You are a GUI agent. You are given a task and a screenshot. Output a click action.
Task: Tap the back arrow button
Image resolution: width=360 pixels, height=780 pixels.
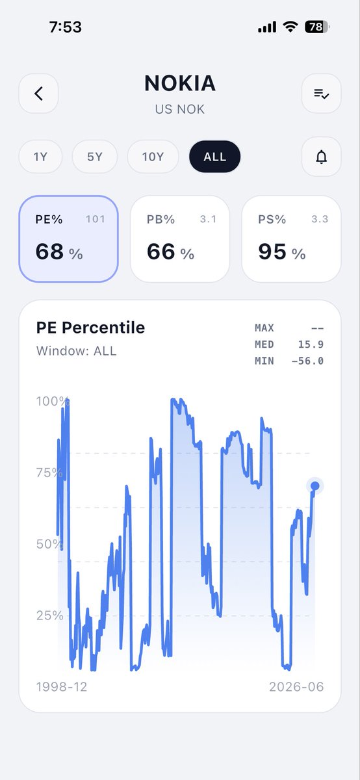[38, 94]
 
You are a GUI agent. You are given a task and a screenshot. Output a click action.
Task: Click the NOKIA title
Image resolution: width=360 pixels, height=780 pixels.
[180, 83]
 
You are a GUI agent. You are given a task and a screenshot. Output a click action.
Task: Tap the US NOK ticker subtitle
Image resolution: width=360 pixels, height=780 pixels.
[180, 109]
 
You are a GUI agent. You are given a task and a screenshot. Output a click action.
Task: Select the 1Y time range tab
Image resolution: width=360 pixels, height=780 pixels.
[40, 157]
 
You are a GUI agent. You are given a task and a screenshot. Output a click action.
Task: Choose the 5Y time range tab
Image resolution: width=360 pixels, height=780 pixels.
[95, 157]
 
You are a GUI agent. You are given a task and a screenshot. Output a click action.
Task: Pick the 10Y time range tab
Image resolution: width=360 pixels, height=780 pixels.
[153, 157]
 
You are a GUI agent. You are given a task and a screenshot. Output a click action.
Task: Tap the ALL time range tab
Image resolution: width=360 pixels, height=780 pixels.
[215, 157]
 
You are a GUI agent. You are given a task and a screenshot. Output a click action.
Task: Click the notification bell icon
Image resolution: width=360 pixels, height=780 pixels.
[322, 157]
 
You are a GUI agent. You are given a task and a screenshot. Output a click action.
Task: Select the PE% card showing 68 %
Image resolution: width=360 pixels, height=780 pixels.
[69, 239]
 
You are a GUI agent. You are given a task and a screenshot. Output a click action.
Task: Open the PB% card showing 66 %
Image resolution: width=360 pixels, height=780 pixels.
[180, 239]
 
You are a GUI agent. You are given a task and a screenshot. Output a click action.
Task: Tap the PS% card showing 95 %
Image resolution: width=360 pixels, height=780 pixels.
[291, 239]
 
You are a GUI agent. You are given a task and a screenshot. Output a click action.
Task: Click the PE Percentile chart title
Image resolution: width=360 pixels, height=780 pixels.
[90, 328]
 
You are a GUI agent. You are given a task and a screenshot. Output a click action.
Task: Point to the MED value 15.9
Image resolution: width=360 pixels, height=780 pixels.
[311, 344]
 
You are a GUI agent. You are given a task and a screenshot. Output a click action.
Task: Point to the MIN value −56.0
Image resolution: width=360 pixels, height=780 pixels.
[307, 361]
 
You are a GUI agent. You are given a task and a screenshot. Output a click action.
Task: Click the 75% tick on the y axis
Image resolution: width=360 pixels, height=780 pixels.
[49, 473]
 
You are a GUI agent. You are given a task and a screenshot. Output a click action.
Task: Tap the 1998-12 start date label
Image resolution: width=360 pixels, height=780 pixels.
[62, 686]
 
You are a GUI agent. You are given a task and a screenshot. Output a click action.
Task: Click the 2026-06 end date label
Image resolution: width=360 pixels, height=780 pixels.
[296, 686]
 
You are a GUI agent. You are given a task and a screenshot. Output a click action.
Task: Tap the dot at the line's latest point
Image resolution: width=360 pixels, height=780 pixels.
[315, 486]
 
